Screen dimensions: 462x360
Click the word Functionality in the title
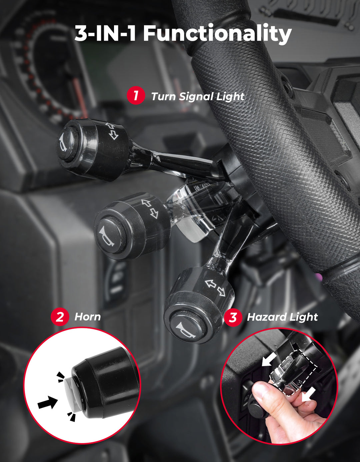(217, 34)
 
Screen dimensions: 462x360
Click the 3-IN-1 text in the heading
(105, 34)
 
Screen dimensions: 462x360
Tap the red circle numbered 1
(136, 96)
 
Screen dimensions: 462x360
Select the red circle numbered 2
(60, 317)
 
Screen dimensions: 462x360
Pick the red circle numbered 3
(233, 317)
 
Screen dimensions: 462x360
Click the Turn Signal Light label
(198, 97)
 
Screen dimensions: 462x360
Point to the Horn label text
(87, 317)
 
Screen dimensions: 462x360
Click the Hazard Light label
(282, 317)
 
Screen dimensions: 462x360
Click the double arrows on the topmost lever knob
(112, 131)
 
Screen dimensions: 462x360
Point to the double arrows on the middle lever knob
(150, 208)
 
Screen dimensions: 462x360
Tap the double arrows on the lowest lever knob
(215, 287)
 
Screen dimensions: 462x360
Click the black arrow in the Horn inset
(48, 402)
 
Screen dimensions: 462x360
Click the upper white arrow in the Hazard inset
(269, 359)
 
